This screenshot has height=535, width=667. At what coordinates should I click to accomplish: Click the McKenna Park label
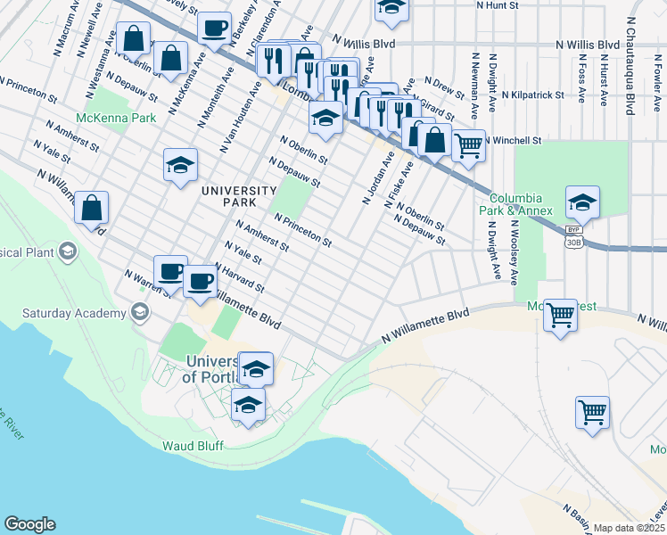[116, 118]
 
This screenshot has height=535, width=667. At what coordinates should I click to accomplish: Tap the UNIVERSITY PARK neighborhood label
[238, 196]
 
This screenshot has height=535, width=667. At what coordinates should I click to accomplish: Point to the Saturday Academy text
[74, 313]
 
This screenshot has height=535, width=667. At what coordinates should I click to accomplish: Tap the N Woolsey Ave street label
[515, 253]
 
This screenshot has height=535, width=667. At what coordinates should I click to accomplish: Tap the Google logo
[29, 524]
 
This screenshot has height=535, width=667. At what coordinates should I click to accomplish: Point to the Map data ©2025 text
[630, 528]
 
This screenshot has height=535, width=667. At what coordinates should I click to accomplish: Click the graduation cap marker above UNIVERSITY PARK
[180, 165]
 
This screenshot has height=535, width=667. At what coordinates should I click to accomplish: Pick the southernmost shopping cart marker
[592, 413]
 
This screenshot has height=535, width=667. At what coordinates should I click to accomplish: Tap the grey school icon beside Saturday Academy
[138, 311]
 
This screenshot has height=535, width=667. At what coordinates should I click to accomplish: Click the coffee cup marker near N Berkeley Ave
[214, 29]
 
